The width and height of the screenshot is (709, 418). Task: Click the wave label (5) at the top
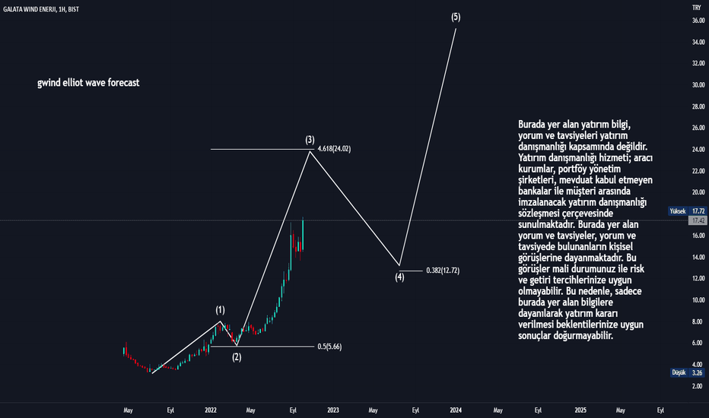tap(455, 17)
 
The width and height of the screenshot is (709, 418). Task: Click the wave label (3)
tap(310, 140)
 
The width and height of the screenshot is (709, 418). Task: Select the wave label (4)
tap(399, 277)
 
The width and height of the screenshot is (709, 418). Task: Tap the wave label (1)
tap(220, 310)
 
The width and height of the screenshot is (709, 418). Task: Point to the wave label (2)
tap(237, 357)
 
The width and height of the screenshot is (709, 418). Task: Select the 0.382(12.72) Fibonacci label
tap(443, 270)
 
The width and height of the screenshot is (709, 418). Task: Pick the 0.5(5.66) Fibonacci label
tap(330, 347)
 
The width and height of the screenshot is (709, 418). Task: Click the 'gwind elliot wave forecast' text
tap(88, 82)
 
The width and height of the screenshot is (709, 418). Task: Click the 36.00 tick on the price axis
tap(697, 21)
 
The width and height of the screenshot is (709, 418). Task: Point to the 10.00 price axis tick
tap(697, 299)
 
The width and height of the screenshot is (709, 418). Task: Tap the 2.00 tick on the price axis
tap(697, 386)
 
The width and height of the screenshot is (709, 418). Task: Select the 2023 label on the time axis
tap(333, 410)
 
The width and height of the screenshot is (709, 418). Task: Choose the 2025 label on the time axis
tap(580, 410)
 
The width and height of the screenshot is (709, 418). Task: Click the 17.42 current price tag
tap(697, 220)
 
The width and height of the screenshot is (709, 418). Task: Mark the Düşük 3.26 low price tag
tap(688, 372)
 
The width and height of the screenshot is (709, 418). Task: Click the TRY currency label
tap(696, 7)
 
